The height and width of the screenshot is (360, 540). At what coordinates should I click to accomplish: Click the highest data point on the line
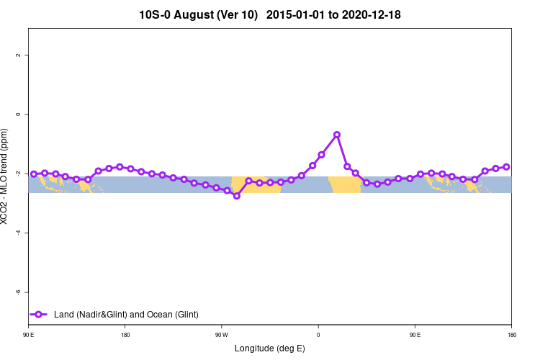click(x=337, y=135)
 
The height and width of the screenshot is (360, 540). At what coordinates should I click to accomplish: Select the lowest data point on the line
click(x=237, y=196)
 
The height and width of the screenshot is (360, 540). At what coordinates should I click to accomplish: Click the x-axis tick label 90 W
click(x=221, y=335)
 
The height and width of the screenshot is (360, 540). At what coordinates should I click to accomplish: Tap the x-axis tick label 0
click(x=318, y=335)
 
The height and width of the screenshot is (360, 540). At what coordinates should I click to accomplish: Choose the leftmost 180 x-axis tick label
click(x=125, y=335)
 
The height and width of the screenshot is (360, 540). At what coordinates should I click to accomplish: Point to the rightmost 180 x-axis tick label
click(x=511, y=335)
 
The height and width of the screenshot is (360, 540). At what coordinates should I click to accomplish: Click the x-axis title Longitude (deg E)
click(x=269, y=348)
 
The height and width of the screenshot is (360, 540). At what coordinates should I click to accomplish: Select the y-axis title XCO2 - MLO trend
click(x=6, y=176)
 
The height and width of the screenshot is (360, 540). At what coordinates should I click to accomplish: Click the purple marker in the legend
click(x=40, y=315)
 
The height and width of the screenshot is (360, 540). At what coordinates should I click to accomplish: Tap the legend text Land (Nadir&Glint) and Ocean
click(x=126, y=315)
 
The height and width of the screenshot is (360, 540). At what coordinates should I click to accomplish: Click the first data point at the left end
click(x=34, y=174)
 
